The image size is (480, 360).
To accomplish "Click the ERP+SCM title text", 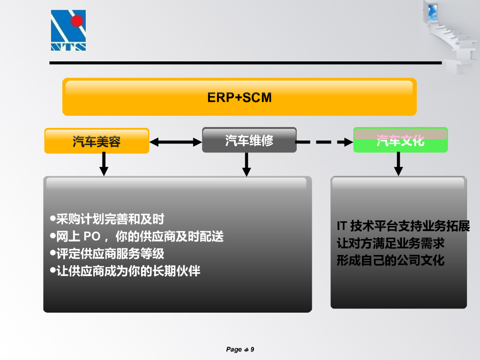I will (240, 97).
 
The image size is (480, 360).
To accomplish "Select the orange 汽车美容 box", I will (97, 141).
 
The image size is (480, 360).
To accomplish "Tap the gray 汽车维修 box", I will (249, 140).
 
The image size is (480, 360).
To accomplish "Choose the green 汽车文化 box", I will (400, 140).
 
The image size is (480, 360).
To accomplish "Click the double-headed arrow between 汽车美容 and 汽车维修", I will (175, 142).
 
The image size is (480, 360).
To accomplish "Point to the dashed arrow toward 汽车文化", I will (324, 142).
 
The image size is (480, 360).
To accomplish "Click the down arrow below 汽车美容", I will (104, 164).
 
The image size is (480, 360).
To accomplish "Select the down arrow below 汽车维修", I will (247, 164).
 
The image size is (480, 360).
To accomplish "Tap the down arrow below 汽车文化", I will (398, 164).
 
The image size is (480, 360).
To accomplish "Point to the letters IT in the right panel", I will (342, 226).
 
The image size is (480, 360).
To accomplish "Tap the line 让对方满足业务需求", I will (390, 243).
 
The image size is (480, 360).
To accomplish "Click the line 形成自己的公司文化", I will (390, 261).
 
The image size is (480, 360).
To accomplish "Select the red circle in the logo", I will (77, 20).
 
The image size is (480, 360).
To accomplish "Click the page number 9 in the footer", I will (252, 349).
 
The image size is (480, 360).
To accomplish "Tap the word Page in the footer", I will (234, 349).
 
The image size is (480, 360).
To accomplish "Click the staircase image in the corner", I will (452, 33).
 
